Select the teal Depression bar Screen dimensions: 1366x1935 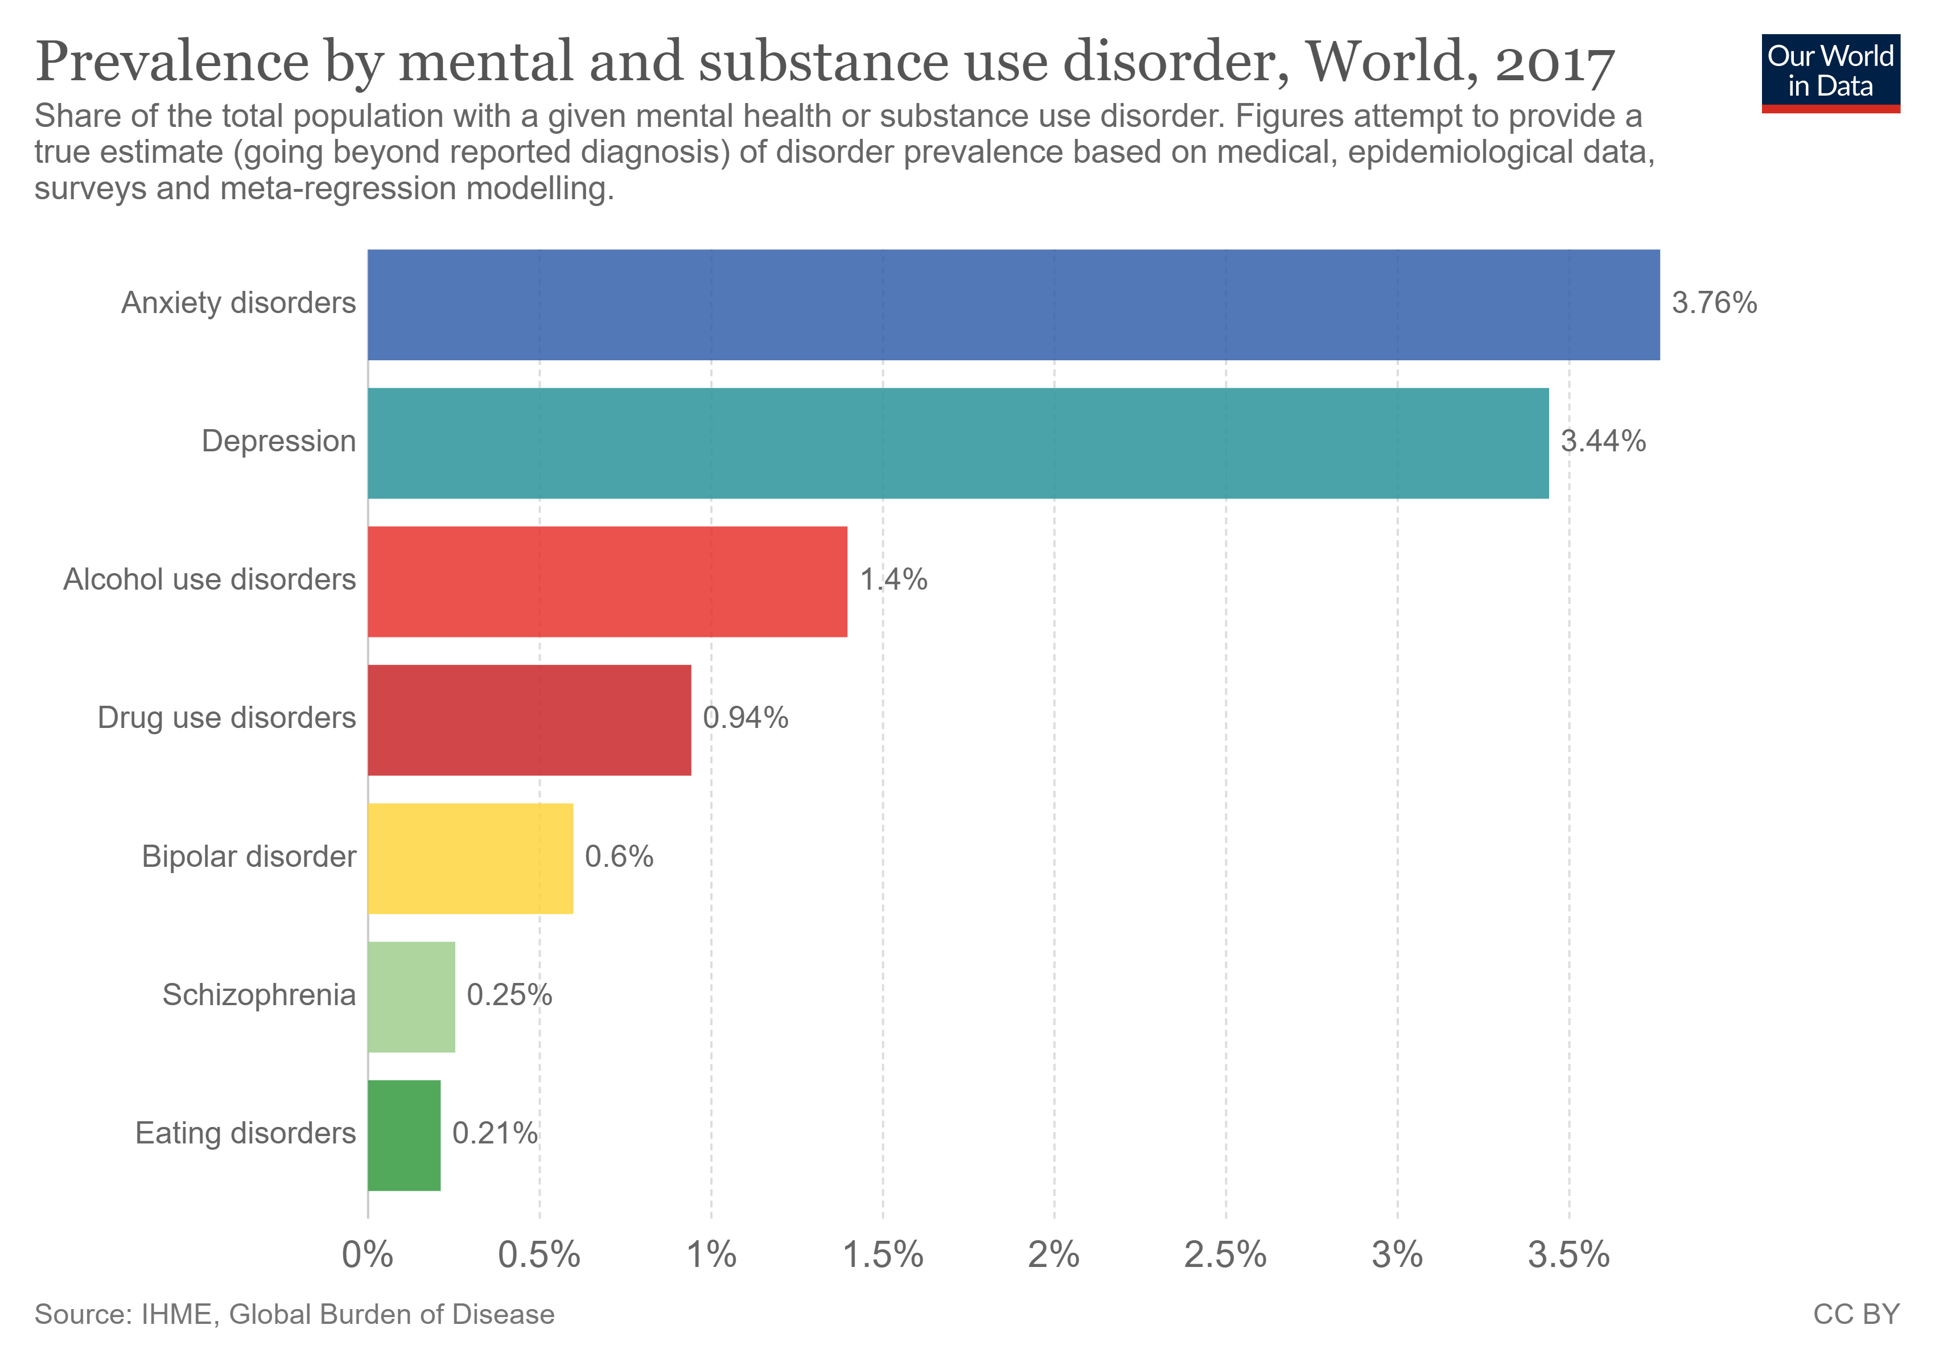point(957,443)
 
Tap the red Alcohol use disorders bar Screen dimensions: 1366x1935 point(607,582)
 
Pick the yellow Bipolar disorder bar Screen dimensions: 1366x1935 point(470,858)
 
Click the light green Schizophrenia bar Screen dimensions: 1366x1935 point(411,997)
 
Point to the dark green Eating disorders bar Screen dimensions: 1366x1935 point(404,1135)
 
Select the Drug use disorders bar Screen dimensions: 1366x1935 point(529,719)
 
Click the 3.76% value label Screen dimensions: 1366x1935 point(1714,303)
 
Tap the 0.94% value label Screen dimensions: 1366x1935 point(745,718)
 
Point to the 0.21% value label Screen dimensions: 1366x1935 point(495,1133)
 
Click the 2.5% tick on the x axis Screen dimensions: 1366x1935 point(1225,1256)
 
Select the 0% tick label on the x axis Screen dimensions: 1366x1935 point(368,1256)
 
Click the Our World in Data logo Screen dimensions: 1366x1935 point(1830,72)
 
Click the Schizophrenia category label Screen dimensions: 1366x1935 point(259,995)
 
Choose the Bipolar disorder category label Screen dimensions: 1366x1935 point(249,857)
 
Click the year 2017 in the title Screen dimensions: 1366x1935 point(1554,63)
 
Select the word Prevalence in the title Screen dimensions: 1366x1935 point(173,63)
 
